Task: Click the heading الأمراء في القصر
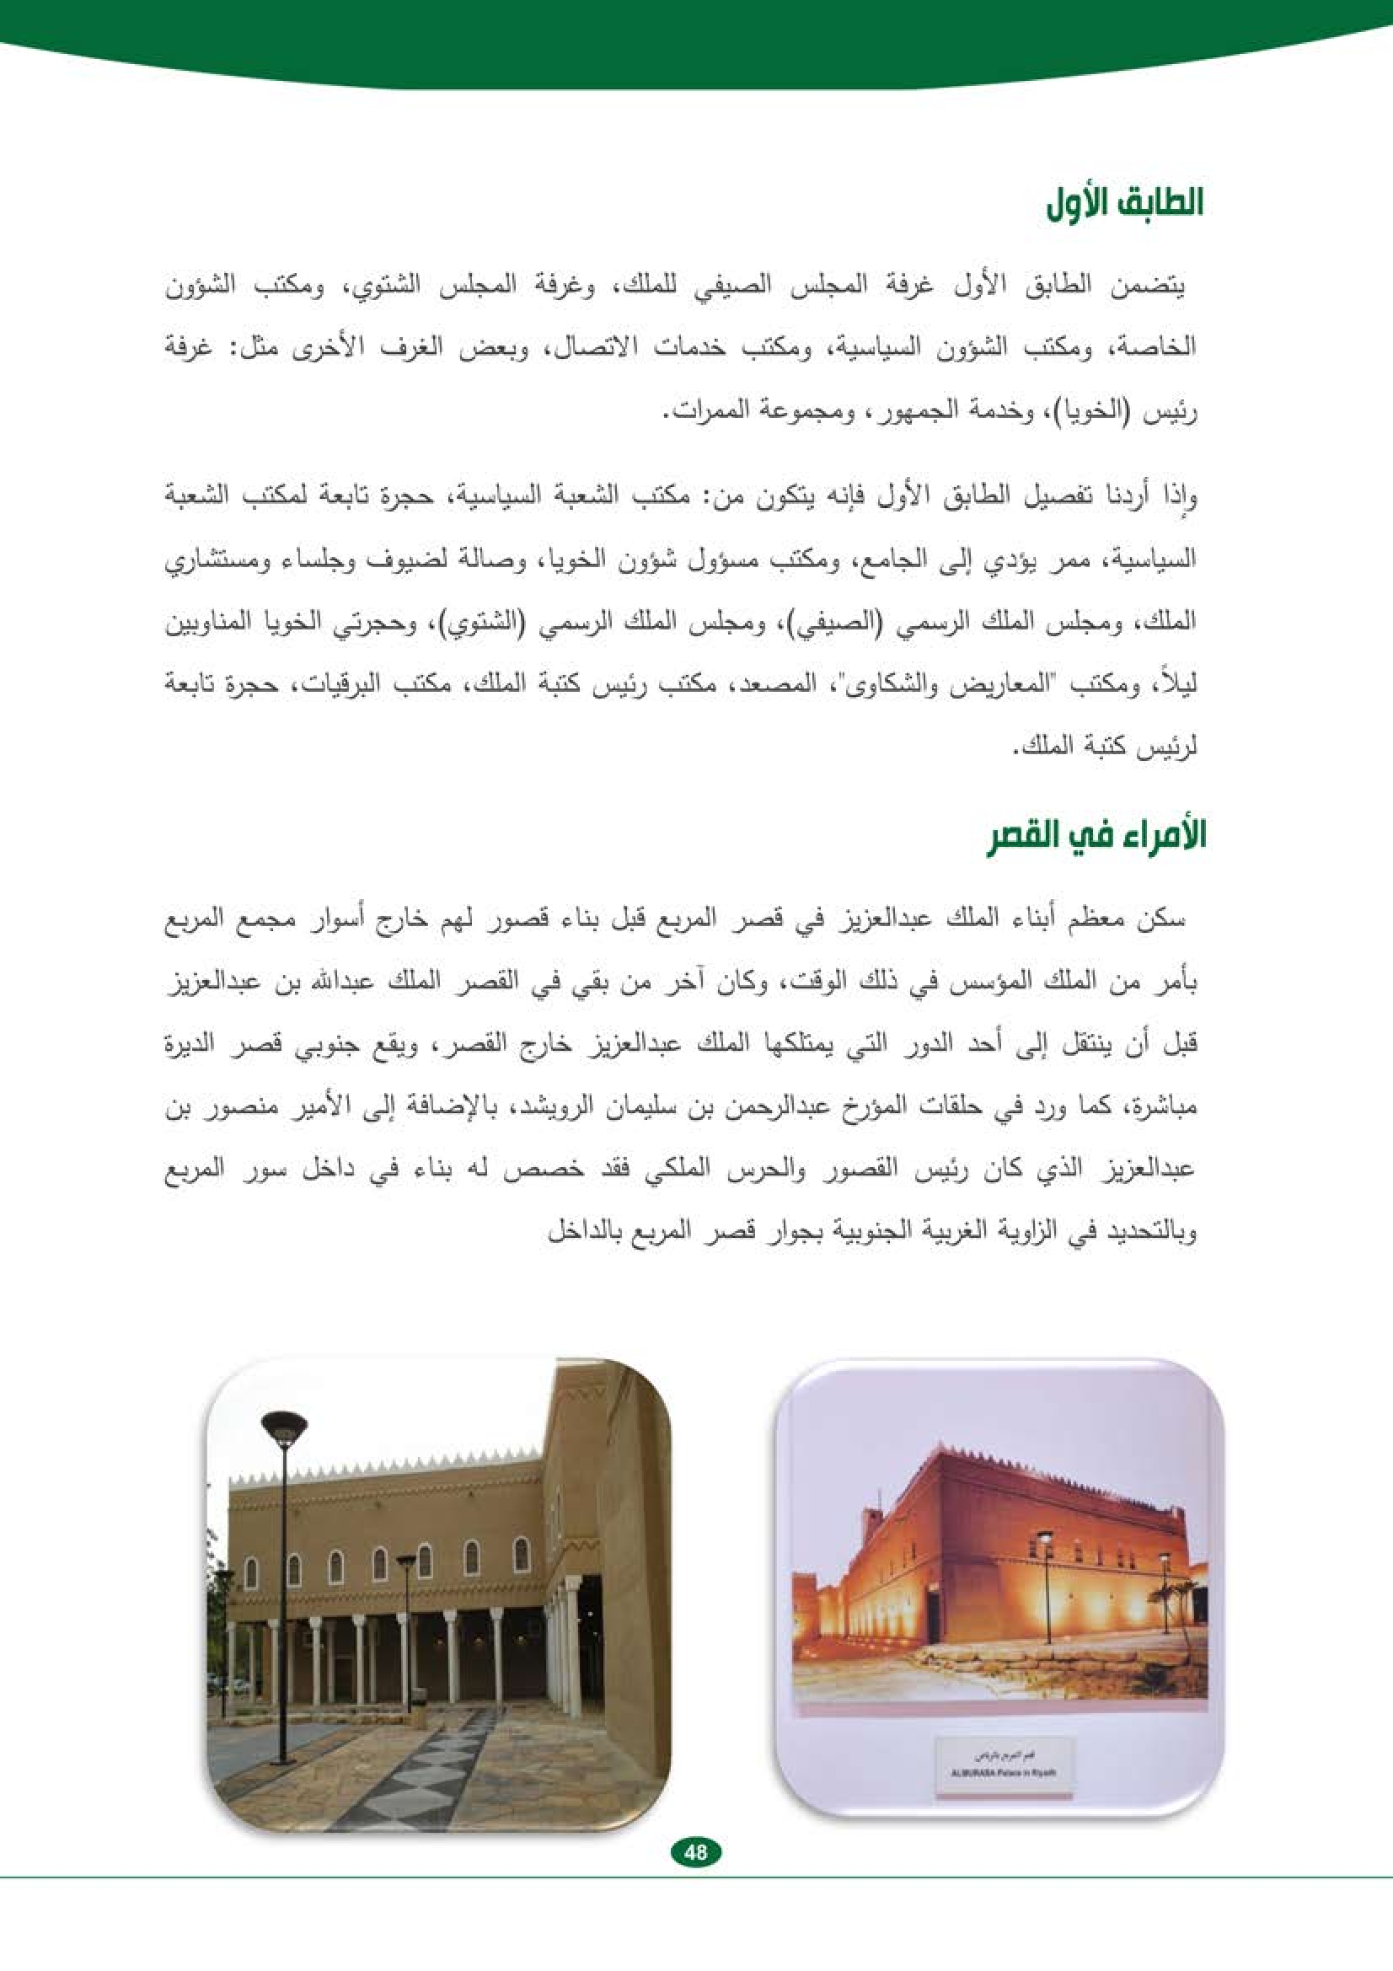(1096, 836)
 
